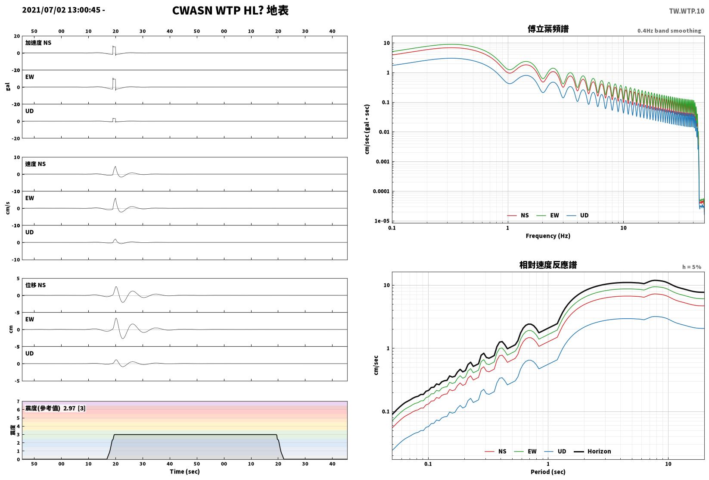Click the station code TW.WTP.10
[686, 11]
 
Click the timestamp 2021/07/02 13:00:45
[61, 10]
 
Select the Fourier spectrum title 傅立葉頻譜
[547, 29]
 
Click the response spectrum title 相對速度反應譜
[547, 265]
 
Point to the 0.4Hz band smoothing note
[669, 31]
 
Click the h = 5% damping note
[691, 267]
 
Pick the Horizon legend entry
[592, 451]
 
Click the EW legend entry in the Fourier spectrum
[547, 216]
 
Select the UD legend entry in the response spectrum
[555, 451]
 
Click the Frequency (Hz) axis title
[547, 236]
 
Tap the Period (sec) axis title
[547, 472]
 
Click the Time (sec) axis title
[184, 471]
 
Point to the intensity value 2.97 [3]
[75, 408]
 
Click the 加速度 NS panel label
[38, 43]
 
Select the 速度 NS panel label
[35, 164]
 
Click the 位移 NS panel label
[35, 285]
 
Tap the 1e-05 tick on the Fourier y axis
[382, 221]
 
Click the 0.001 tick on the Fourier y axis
[382, 162]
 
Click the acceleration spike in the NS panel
[114, 50]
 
